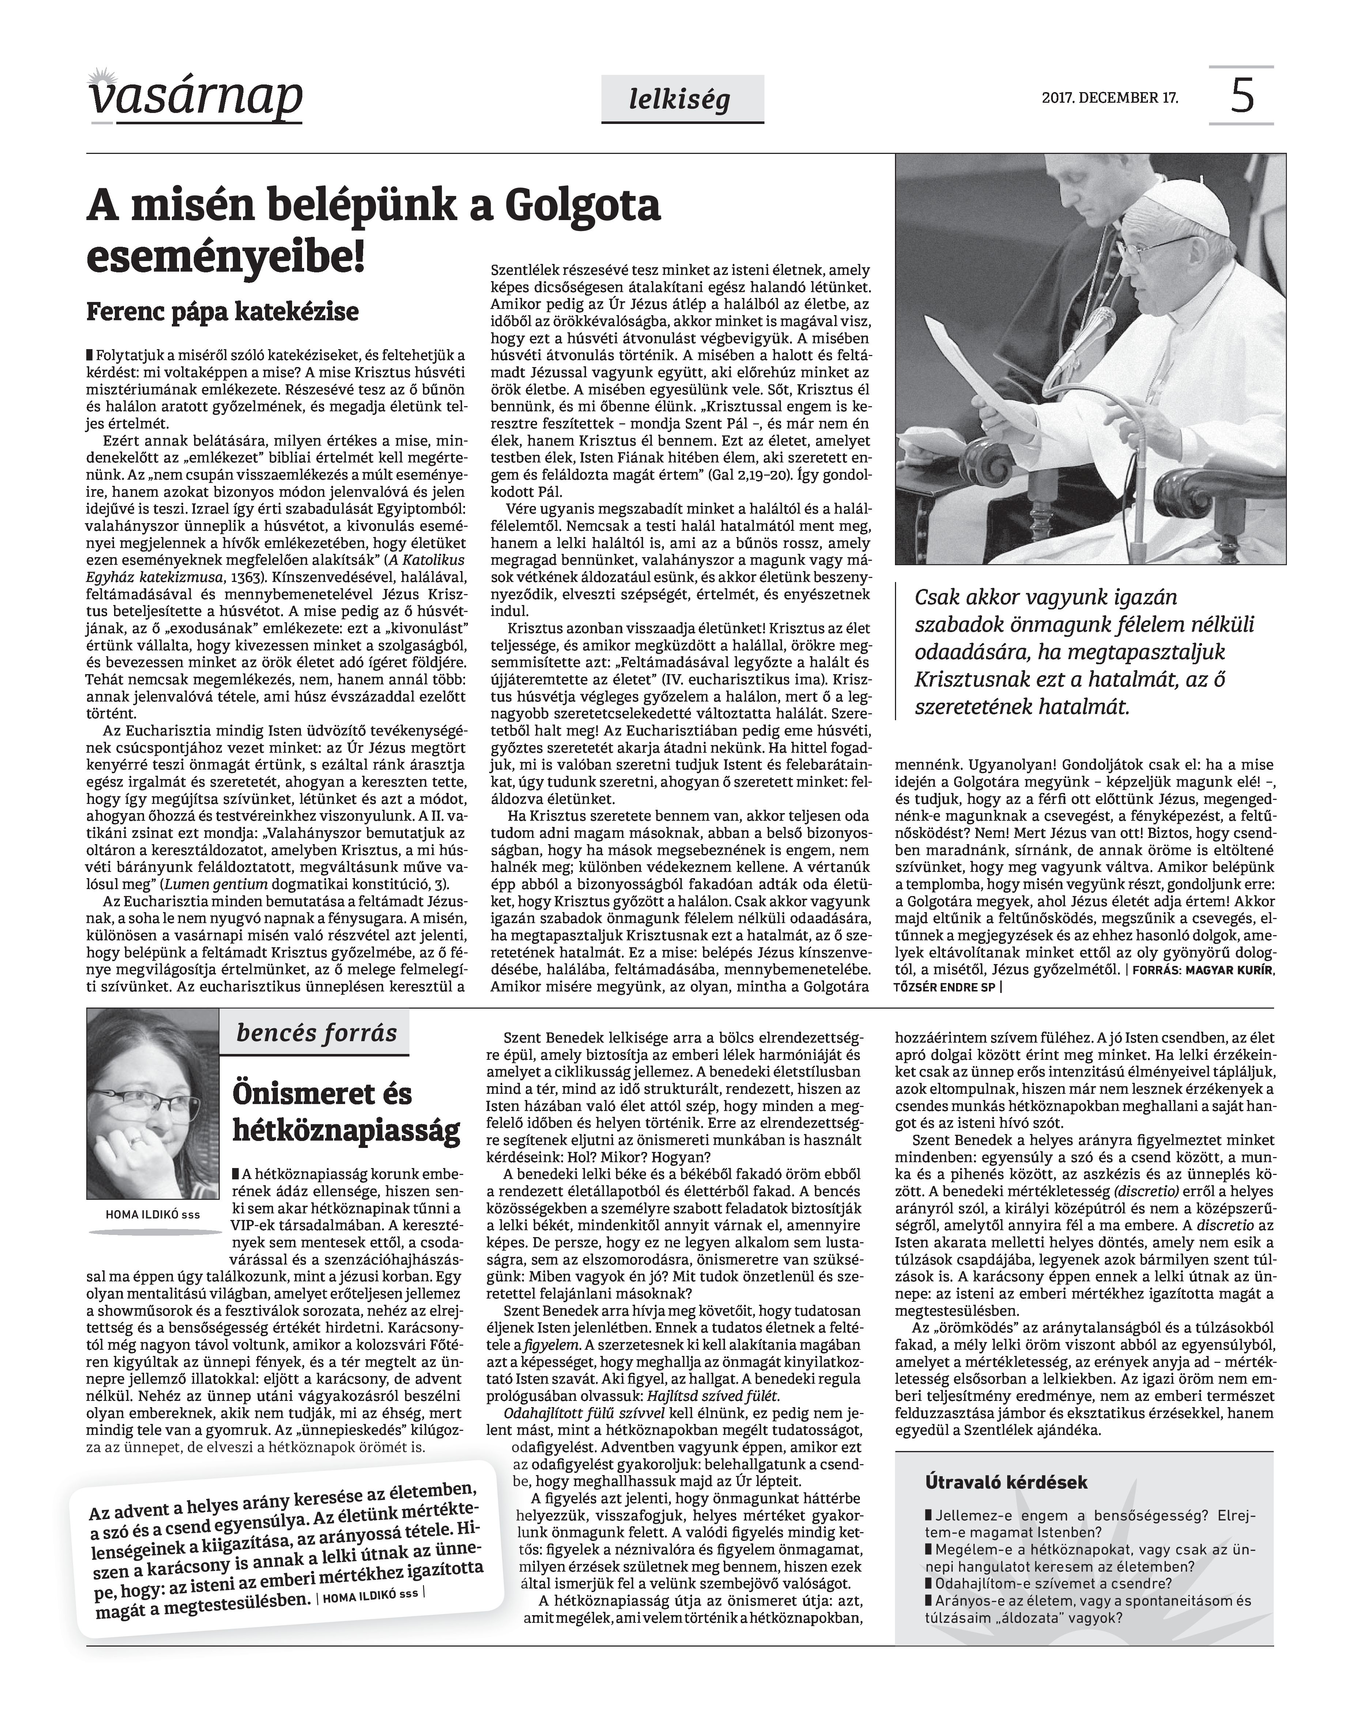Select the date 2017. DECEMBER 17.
click(1109, 98)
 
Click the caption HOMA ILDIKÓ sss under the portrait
click(152, 1214)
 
